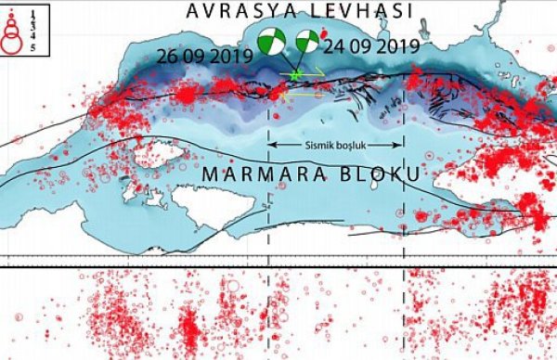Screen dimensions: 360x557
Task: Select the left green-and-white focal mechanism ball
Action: [x=271, y=43]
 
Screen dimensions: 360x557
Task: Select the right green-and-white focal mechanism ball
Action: [x=307, y=43]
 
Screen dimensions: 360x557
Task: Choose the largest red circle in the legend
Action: [x=12, y=40]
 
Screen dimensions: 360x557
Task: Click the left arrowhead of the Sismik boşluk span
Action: [x=271, y=145]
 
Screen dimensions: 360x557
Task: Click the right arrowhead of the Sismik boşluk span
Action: [x=400, y=145]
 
